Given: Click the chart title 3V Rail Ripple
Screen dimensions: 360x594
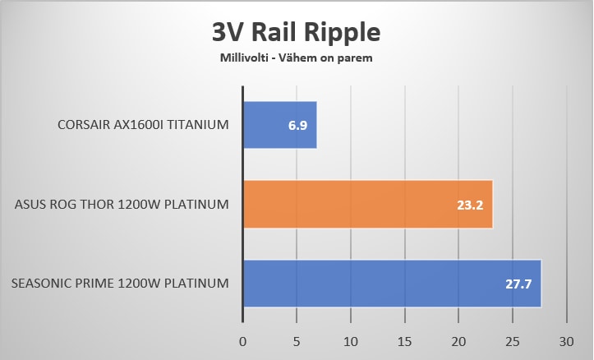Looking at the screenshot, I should pyautogui.click(x=297, y=32).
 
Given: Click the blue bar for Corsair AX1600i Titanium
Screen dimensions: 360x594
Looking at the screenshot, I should pyautogui.click(x=280, y=125).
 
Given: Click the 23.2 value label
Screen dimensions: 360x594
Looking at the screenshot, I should pyautogui.click(x=470, y=205).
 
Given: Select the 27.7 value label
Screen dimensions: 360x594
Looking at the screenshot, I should pyautogui.click(x=518, y=284).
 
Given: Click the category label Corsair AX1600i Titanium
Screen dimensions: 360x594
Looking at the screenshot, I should pyautogui.click(x=142, y=125).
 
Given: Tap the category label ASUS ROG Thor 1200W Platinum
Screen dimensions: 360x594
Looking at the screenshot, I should pyautogui.click(x=122, y=205).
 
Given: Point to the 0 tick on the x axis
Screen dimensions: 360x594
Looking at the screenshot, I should pyautogui.click(x=243, y=340).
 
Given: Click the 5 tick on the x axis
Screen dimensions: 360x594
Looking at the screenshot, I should pyautogui.click(x=297, y=340).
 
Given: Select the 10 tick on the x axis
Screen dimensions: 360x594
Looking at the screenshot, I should pyautogui.click(x=351, y=340).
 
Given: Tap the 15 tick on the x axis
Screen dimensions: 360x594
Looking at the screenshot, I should pyautogui.click(x=404, y=340).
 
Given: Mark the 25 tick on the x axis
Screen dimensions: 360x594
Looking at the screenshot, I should pyautogui.click(x=512, y=340).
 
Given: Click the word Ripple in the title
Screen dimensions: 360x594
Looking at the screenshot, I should pyautogui.click(x=343, y=33).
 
